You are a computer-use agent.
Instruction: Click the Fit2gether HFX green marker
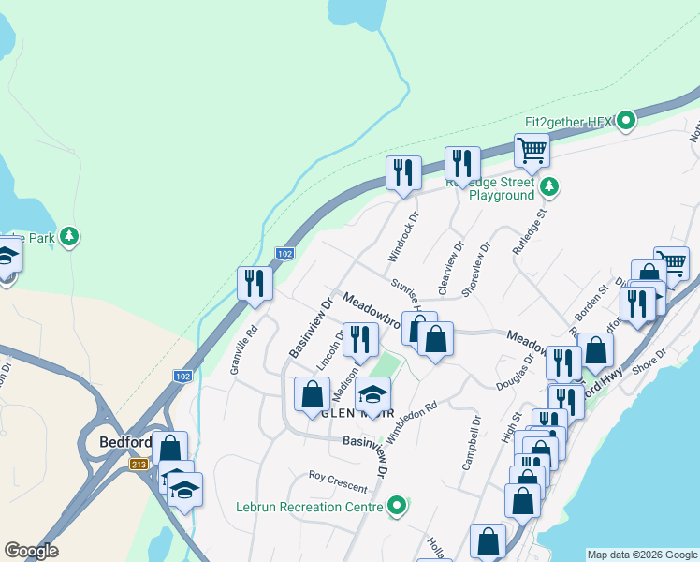pos(627,121)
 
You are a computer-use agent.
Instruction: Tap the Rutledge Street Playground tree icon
pos(550,186)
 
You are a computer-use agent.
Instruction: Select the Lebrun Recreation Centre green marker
pos(398,507)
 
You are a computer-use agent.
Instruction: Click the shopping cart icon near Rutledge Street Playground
pos(532,150)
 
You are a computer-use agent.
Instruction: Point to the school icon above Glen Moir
pos(372,395)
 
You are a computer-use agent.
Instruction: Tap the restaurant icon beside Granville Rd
pos(255,283)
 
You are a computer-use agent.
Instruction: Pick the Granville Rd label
pos(246,348)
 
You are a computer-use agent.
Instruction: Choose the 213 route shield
pos(139,464)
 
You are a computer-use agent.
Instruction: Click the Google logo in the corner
pos(31,551)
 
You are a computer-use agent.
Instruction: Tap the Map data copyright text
pos(641,555)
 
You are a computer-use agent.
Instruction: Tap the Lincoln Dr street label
pos(329,348)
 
